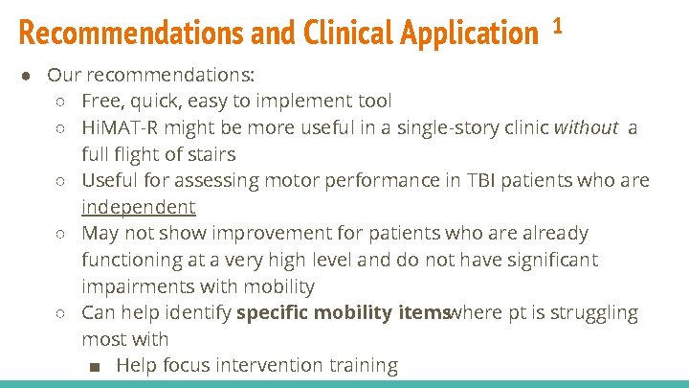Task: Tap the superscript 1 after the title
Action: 557,27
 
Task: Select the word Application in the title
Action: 469,34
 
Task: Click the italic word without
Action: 586,127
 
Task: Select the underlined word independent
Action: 138,207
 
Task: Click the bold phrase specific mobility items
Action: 342,312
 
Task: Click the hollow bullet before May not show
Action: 60,234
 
